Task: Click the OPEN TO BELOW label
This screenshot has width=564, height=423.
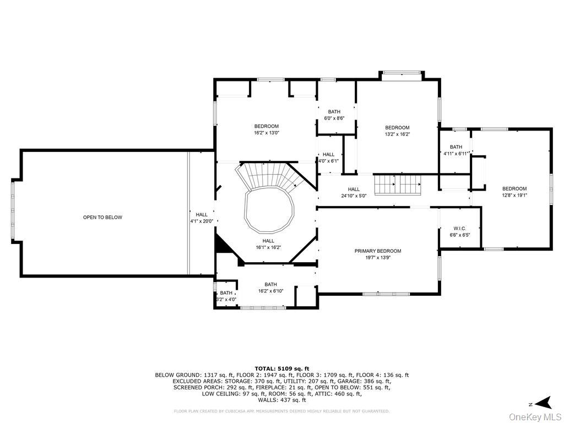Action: point(102,217)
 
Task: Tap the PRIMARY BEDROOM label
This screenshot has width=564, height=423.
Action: point(378,251)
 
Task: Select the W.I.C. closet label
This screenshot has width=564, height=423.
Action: point(460,229)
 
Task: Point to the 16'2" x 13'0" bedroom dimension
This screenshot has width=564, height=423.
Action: point(266,133)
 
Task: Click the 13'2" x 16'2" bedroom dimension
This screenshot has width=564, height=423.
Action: point(397,134)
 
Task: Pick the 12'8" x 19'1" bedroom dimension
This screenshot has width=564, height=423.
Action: point(514,196)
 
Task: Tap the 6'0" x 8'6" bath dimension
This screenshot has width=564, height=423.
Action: point(334,118)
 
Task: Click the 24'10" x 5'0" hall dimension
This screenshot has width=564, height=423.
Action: point(354,196)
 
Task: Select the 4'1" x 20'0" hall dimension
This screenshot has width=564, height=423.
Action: point(202,221)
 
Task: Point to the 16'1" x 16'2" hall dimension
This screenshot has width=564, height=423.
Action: point(268,247)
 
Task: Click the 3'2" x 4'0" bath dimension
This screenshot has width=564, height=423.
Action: point(226,299)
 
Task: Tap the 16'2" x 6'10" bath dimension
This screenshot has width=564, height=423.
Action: point(270,291)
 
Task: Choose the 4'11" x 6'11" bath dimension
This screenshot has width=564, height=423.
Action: point(455,154)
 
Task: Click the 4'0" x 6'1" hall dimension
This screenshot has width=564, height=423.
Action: point(328,161)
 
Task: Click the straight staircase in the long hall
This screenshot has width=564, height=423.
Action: point(398,185)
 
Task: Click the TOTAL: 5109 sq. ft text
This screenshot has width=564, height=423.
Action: point(281,368)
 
